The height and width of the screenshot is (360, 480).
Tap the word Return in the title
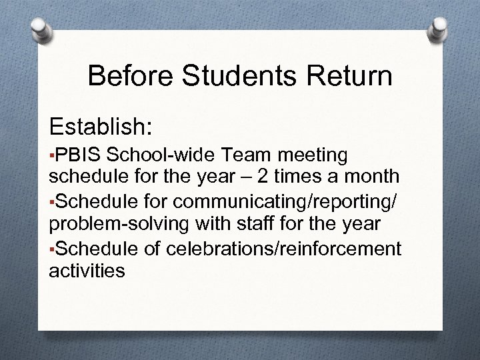click(x=351, y=76)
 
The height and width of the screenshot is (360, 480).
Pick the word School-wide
click(x=159, y=155)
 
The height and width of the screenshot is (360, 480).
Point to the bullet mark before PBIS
click(x=52, y=157)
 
